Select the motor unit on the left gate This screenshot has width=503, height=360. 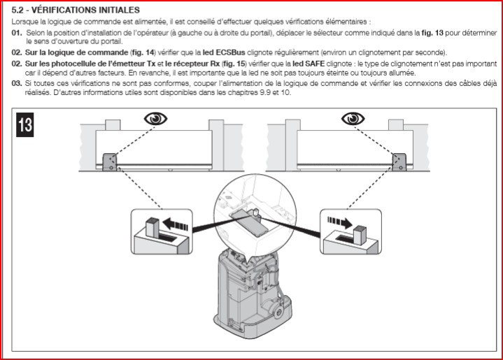[109, 162]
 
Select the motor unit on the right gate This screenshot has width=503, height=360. [398, 162]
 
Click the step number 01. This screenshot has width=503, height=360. [16, 34]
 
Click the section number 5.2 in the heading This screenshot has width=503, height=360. [20, 10]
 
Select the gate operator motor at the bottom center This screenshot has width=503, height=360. [253, 294]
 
